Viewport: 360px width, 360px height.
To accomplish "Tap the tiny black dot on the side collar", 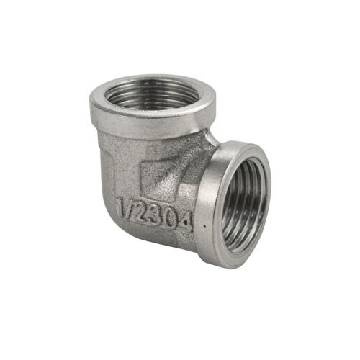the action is [204, 226].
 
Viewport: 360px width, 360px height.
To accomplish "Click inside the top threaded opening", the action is [150, 95].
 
